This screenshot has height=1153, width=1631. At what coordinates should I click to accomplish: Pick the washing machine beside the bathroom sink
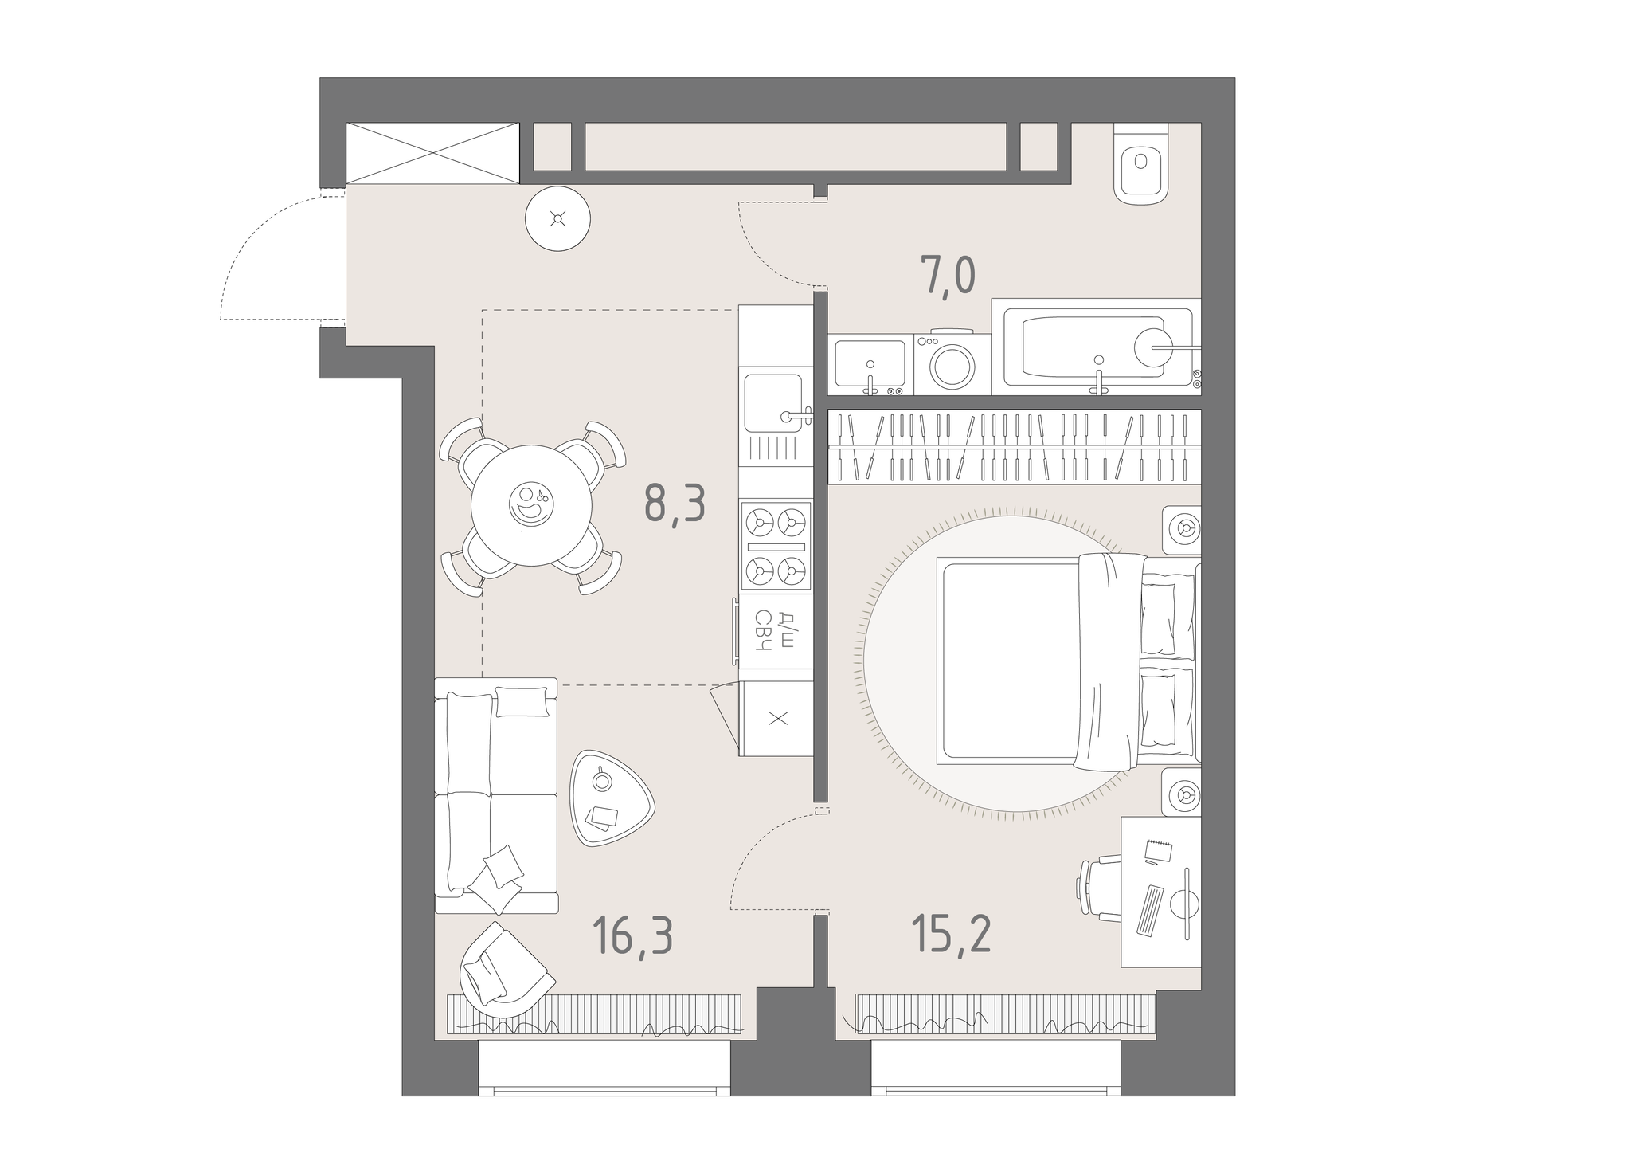[952, 363]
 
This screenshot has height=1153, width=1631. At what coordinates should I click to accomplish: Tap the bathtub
[1097, 347]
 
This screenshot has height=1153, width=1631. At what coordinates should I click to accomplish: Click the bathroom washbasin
[870, 364]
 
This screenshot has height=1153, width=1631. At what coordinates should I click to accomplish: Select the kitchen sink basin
[773, 403]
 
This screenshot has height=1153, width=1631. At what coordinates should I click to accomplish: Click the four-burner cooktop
[776, 545]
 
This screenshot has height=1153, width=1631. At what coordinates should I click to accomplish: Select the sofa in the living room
[496, 795]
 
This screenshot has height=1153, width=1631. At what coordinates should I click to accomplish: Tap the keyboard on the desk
[1149, 909]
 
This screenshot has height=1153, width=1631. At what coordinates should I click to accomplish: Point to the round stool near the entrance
[558, 218]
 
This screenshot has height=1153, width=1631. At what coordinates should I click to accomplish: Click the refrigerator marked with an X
[776, 719]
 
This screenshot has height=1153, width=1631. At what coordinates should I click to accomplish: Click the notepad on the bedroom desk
[1158, 851]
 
